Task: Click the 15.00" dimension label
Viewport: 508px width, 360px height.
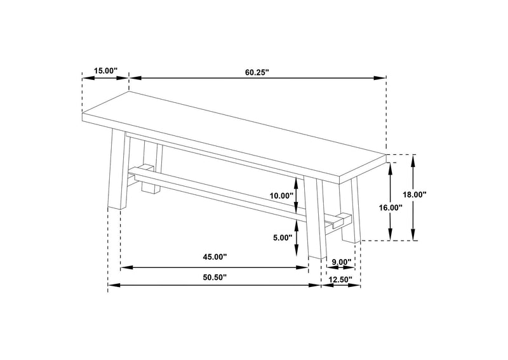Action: coord(105,70)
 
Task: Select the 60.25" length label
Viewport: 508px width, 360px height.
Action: coord(257,72)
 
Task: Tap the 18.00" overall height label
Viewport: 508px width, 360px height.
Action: coord(415,195)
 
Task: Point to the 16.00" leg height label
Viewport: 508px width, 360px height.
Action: coord(391,208)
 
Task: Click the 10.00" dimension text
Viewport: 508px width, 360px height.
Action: coord(281,196)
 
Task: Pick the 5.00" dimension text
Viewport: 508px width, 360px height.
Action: coord(283,238)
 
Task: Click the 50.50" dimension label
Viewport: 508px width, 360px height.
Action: coord(215,277)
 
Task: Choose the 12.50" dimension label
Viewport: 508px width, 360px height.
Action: coord(340,279)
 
